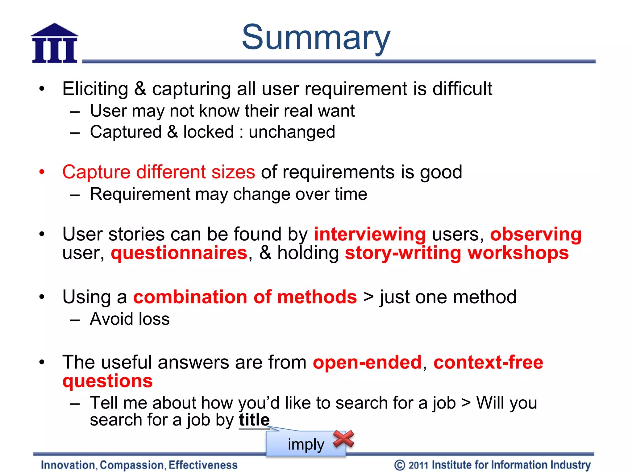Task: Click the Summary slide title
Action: point(316,38)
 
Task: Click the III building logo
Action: point(55,44)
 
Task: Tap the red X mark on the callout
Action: point(343,439)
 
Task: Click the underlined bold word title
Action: point(254,420)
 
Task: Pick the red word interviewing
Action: point(370,235)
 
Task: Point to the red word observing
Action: point(536,235)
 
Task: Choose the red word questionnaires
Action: point(179,253)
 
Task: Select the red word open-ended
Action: point(367,362)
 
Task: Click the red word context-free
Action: point(488,362)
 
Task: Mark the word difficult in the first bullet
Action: point(462,89)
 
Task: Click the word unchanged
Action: point(292,132)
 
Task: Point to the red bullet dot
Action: point(42,172)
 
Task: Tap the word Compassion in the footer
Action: point(132,465)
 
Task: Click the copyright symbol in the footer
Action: point(400,465)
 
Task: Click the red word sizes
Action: point(233,172)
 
